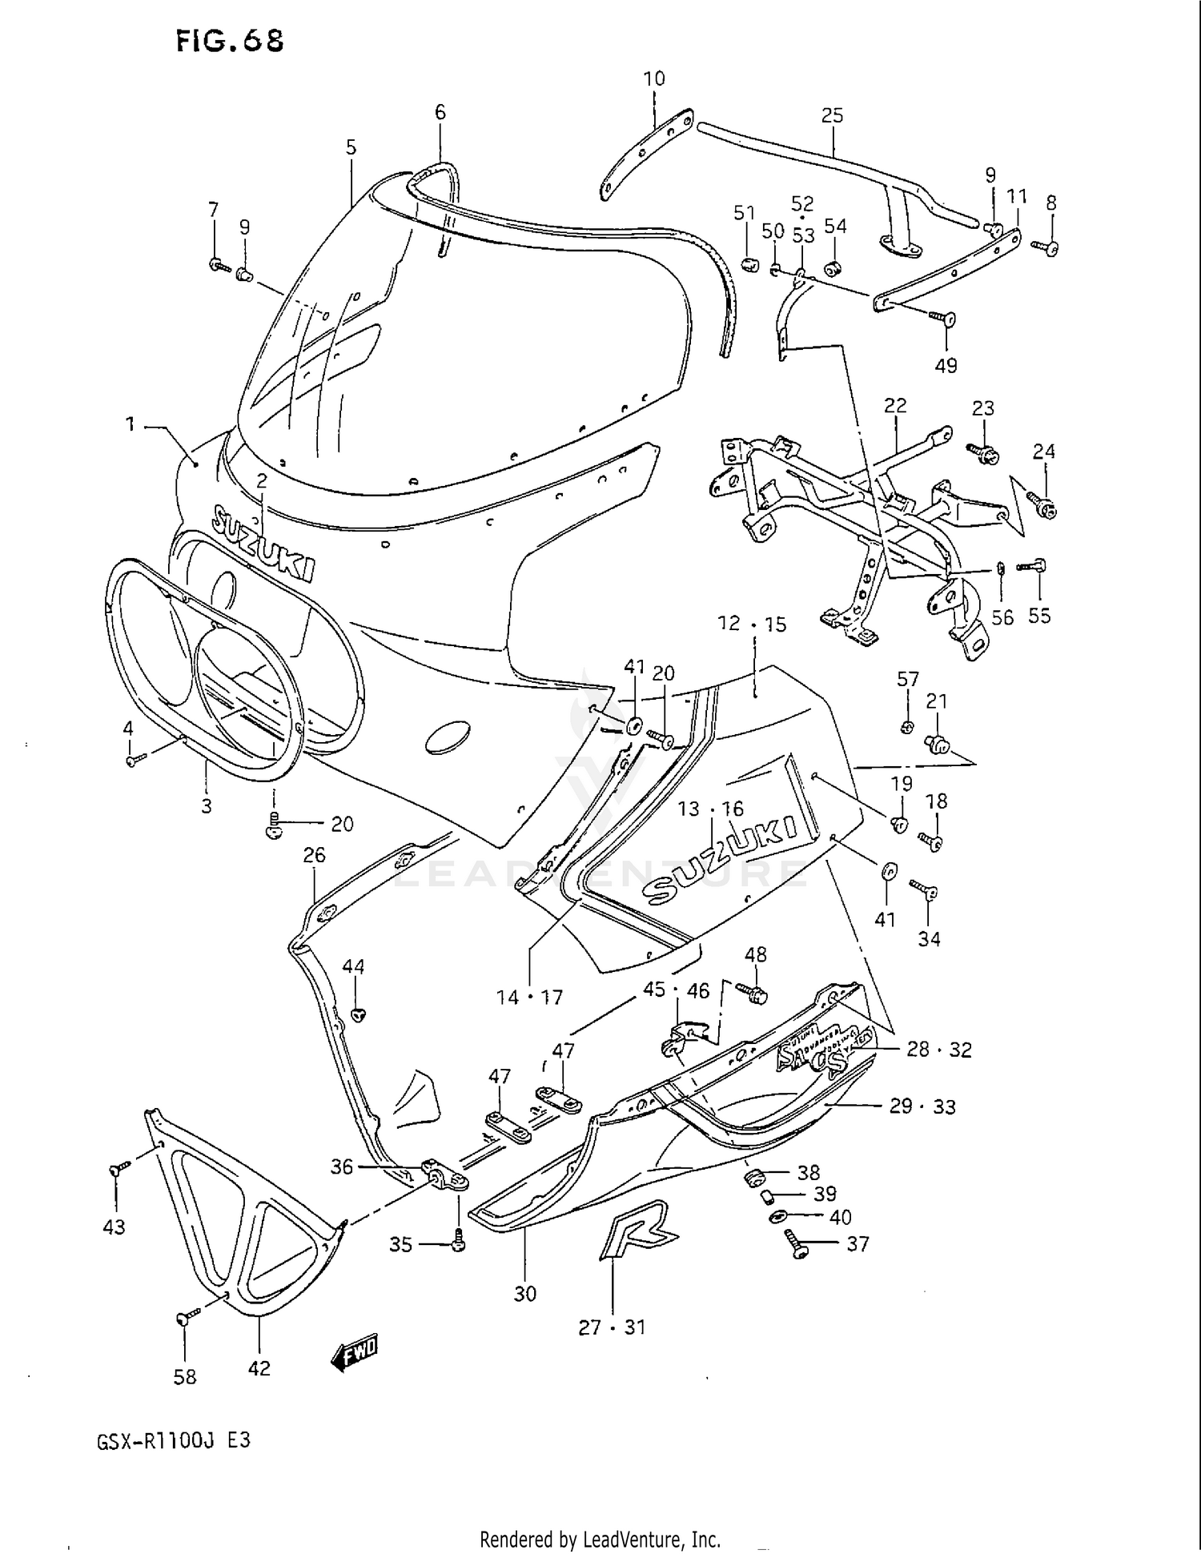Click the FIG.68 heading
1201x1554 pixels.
click(x=230, y=40)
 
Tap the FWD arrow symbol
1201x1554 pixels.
click(x=355, y=1352)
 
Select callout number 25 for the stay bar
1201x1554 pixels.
click(x=832, y=115)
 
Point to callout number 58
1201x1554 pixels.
click(x=185, y=1376)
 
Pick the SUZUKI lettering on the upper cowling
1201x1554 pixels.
click(x=263, y=544)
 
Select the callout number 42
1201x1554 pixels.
click(x=259, y=1368)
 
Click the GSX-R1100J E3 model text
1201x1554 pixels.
click(x=174, y=1440)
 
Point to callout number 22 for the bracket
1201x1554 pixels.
click(x=894, y=406)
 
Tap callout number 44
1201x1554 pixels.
click(x=353, y=966)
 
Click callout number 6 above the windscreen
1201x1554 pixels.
click(x=440, y=113)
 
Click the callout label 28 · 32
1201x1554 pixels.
click(x=938, y=1049)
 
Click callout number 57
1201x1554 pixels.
click(x=907, y=680)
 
